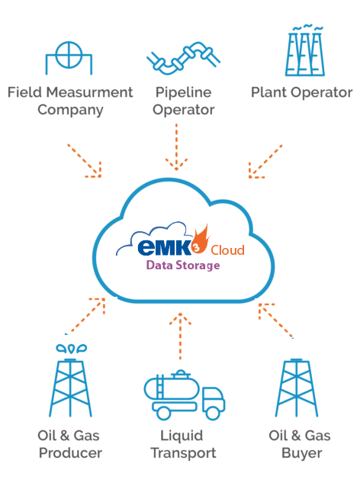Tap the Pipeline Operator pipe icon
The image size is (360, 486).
point(180,59)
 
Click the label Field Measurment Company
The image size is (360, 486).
point(70,101)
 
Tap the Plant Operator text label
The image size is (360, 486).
point(302,93)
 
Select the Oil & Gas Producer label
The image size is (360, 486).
point(69,444)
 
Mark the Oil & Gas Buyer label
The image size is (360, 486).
point(300,444)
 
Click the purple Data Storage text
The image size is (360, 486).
point(183,266)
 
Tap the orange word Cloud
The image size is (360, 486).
point(228,250)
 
